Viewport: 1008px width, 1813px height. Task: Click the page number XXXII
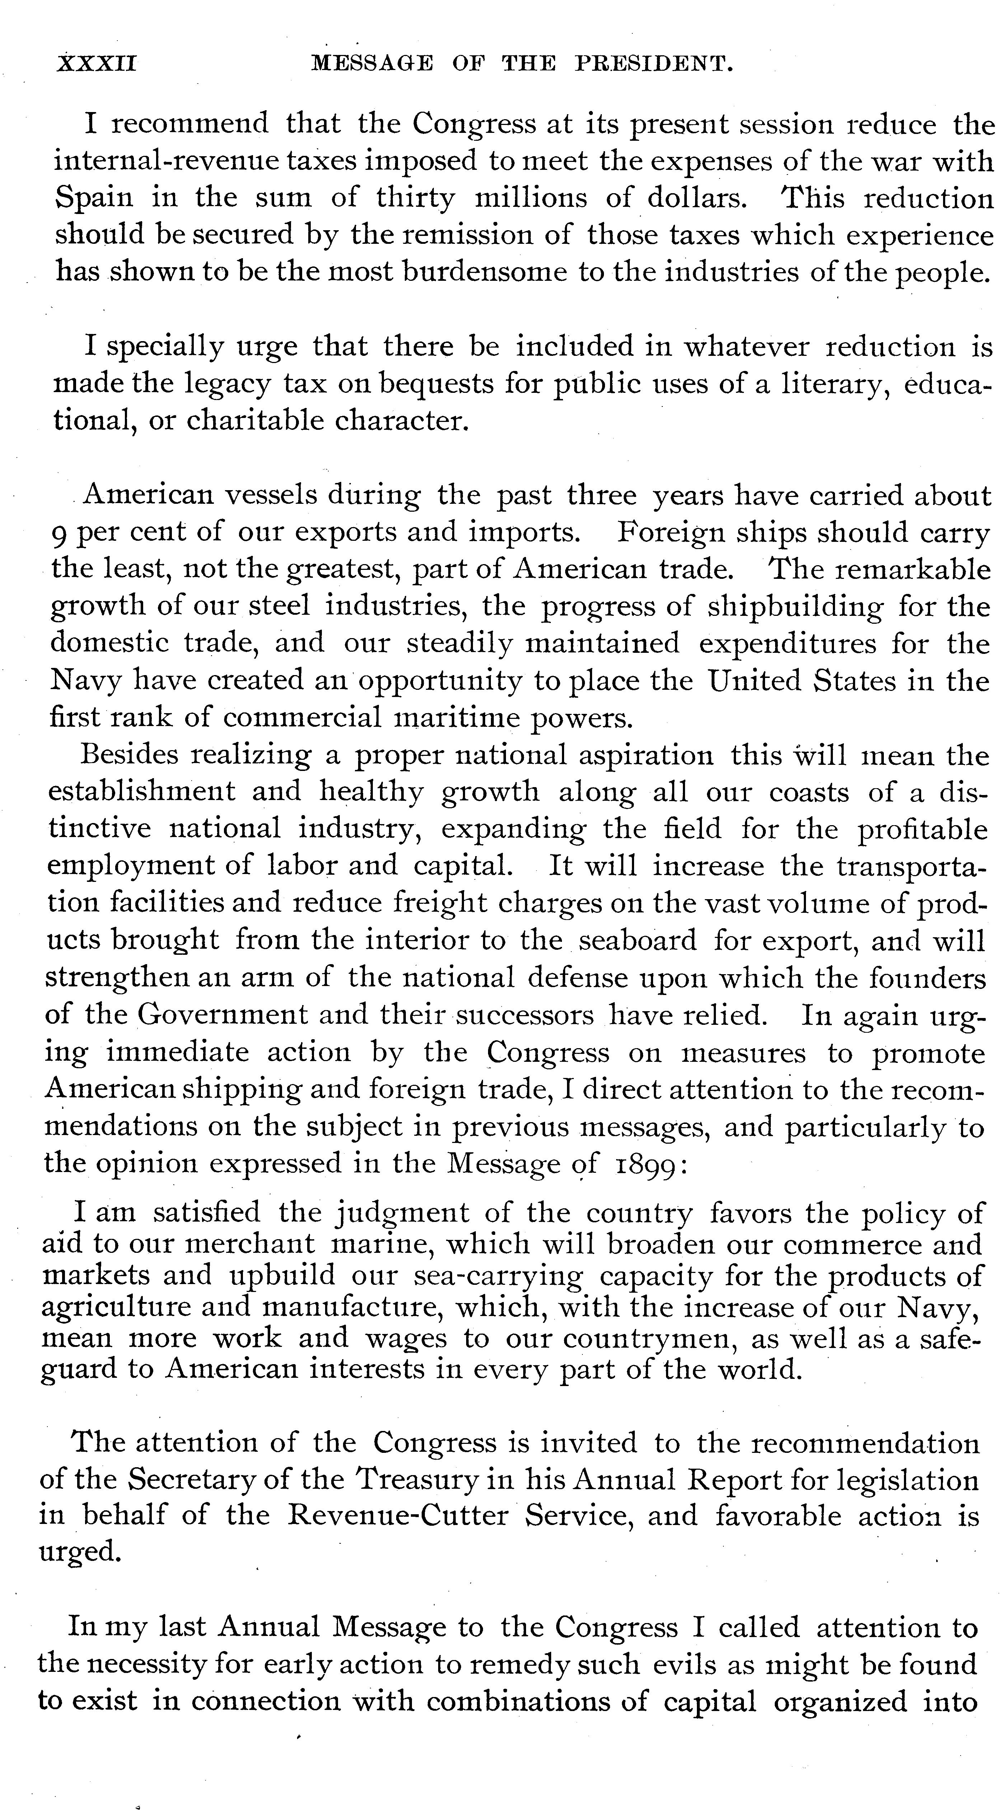(97, 65)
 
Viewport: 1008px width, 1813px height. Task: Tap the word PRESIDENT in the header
(655, 65)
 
